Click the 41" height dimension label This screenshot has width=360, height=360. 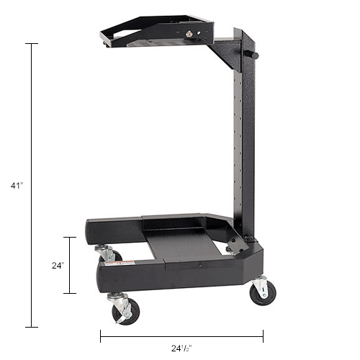[x=17, y=186]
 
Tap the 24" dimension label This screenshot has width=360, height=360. [x=58, y=265]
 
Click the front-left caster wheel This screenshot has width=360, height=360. [x=124, y=310]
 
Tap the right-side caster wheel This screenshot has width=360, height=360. [x=262, y=292]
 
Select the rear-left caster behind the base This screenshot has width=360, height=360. [x=107, y=253]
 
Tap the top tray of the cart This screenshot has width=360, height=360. [x=158, y=32]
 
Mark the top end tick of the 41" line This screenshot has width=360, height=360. [x=32, y=44]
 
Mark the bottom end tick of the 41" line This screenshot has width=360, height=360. [x=32, y=327]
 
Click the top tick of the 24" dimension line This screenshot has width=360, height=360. [x=70, y=237]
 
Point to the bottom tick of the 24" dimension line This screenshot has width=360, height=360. [x=70, y=293]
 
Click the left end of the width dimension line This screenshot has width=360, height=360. [x=100, y=336]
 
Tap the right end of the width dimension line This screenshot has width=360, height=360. [x=263, y=336]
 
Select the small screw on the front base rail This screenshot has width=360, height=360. [x=199, y=265]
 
